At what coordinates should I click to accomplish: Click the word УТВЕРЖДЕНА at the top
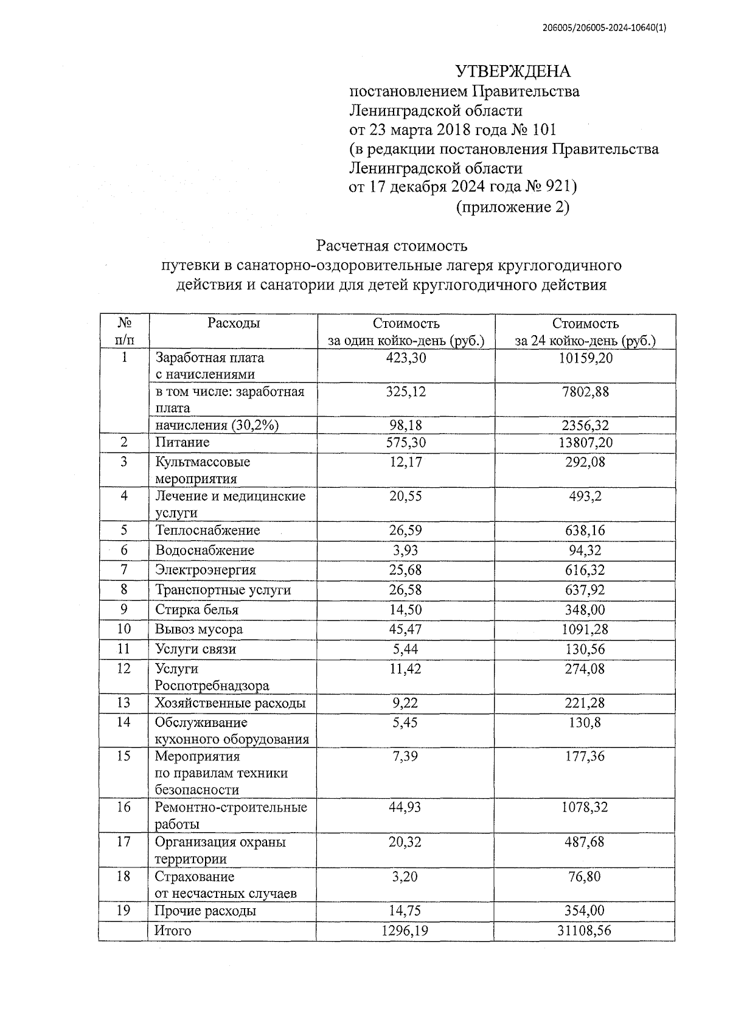click(513, 72)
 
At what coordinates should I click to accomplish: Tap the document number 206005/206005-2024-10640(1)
click(604, 27)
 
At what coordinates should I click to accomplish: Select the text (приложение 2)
click(512, 207)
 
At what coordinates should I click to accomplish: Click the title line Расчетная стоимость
click(391, 246)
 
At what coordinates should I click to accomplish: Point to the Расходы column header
click(234, 323)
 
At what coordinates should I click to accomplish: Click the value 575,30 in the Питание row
click(406, 442)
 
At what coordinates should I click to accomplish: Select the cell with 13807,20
click(585, 442)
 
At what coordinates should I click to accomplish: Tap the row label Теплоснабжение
click(207, 530)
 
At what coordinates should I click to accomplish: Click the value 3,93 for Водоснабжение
click(406, 550)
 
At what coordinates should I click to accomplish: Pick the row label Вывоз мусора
click(199, 630)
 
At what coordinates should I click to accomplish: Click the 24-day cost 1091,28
click(585, 630)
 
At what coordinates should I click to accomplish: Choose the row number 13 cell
click(123, 703)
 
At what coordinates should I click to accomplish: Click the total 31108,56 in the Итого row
click(585, 931)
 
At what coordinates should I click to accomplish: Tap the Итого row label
click(173, 931)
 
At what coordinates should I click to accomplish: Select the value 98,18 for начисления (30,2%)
click(406, 425)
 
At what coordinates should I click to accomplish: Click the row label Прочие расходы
click(205, 911)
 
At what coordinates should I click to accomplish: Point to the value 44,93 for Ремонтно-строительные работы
click(406, 808)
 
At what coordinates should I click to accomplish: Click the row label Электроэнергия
click(206, 570)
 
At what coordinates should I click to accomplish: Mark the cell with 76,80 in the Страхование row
click(585, 877)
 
